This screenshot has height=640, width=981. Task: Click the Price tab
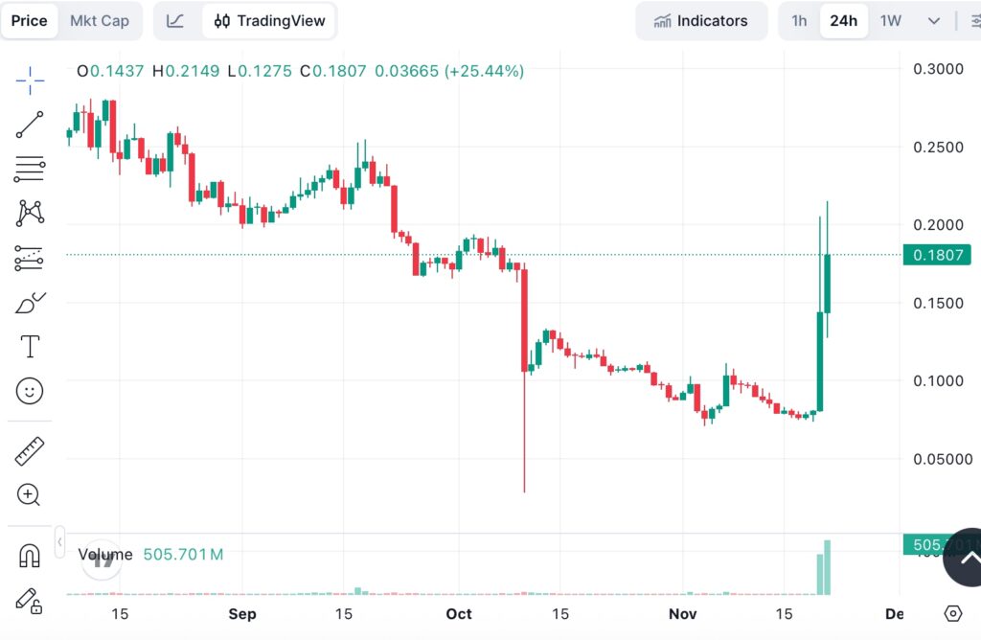29,21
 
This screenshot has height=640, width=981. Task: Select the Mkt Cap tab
101,21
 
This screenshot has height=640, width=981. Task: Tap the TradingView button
269,21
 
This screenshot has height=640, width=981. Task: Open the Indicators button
700,21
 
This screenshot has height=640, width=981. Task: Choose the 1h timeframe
799,21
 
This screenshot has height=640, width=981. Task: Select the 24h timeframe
844,21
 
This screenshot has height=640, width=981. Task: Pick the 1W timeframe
891,21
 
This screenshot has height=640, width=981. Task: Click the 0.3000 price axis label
939,69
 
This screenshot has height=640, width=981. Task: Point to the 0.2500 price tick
939,148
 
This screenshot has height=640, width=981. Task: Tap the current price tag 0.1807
939,255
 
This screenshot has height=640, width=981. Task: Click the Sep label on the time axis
242,614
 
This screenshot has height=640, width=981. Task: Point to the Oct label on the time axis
460,614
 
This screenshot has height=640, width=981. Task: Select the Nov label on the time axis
682,614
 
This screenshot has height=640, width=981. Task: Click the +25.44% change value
490,71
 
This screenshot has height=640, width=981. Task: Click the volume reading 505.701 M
183,554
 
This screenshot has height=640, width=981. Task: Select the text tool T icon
30,346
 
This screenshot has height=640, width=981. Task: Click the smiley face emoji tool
30,390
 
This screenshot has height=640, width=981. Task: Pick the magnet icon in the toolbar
30,556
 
